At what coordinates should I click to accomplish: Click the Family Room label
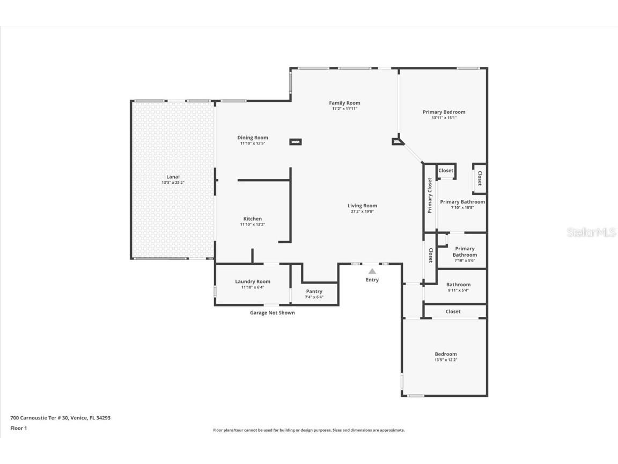(x=344, y=103)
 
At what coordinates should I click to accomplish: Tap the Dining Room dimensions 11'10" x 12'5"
(x=253, y=143)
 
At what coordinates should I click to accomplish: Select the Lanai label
(x=173, y=177)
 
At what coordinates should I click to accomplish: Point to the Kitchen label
(x=253, y=219)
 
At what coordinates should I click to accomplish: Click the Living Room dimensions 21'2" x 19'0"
(x=362, y=212)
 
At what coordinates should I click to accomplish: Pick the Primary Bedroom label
(x=444, y=112)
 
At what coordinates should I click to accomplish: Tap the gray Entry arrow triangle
(x=372, y=272)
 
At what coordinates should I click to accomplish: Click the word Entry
(x=372, y=280)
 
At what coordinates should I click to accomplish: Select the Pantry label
(x=314, y=291)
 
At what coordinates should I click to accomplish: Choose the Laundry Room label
(x=253, y=281)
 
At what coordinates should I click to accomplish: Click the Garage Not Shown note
(x=272, y=313)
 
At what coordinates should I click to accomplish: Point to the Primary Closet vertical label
(x=430, y=195)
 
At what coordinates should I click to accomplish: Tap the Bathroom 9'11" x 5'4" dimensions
(x=458, y=291)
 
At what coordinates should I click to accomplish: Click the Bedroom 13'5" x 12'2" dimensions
(x=445, y=360)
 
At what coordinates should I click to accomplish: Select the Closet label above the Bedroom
(x=453, y=311)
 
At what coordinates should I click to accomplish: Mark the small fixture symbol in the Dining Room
(x=296, y=142)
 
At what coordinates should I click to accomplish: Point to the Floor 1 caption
(x=18, y=428)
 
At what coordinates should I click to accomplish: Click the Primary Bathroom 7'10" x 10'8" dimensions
(x=462, y=208)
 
